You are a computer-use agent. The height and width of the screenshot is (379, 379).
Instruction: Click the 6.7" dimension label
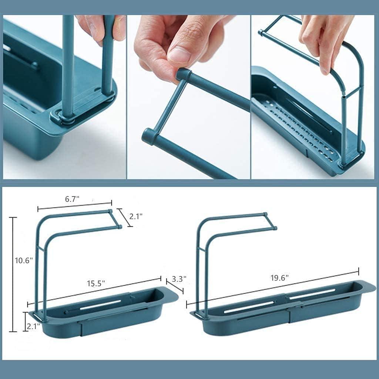point(72,199)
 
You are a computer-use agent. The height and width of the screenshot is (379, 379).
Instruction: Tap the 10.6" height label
point(24,261)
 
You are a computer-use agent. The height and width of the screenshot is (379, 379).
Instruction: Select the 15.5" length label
point(96,283)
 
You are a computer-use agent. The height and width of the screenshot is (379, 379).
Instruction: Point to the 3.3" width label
point(179,279)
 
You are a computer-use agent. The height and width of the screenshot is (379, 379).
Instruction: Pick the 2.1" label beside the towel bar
point(136,216)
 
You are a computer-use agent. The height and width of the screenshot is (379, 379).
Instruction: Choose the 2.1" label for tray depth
point(33,326)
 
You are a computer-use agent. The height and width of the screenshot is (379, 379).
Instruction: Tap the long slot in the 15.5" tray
point(100,305)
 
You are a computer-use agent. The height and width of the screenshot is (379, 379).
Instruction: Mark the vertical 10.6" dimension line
point(13,274)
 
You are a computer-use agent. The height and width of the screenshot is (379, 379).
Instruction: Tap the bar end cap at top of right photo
point(261,33)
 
